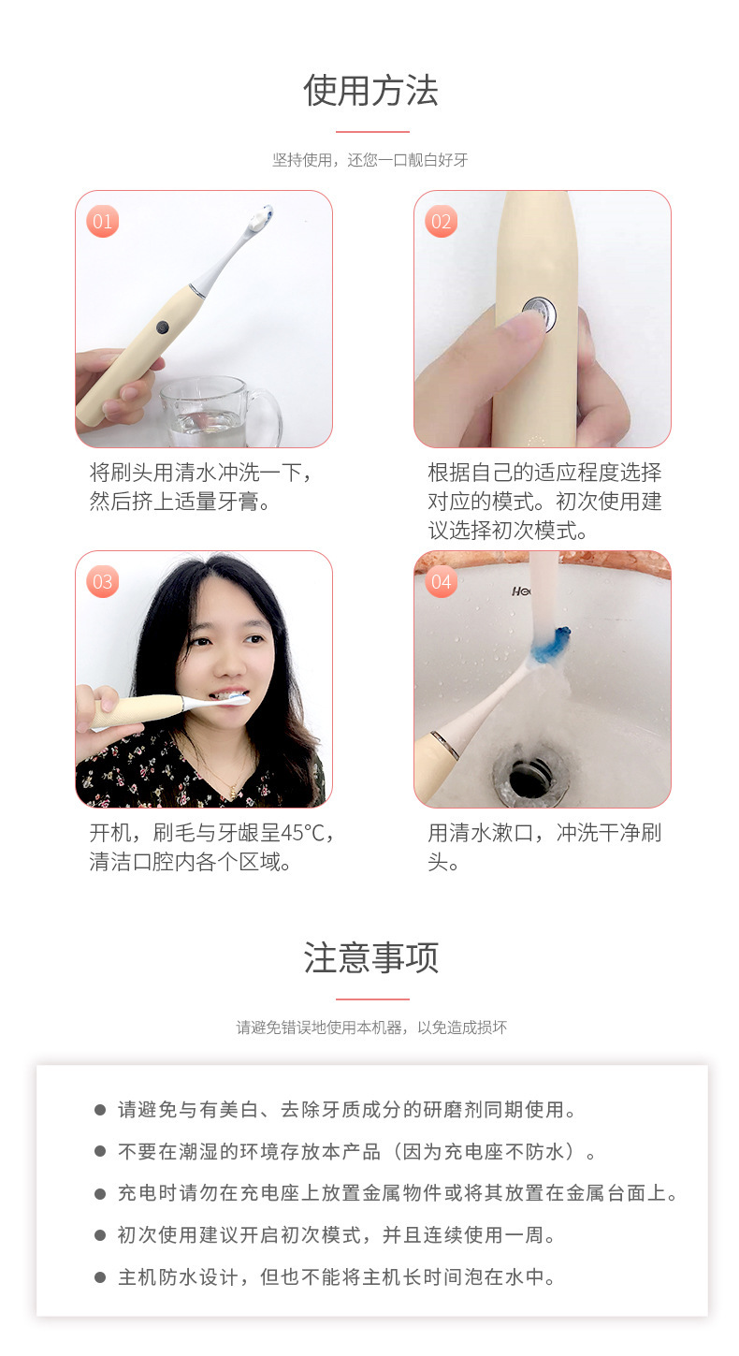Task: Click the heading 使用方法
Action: click(370, 91)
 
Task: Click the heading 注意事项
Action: click(370, 958)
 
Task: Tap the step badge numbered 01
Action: click(103, 222)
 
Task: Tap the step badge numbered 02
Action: click(441, 222)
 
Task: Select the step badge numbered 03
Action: click(103, 582)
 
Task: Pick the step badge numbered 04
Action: click(441, 582)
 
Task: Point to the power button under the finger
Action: click(539, 313)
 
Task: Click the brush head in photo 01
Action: click(259, 219)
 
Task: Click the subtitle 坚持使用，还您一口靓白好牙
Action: click(370, 160)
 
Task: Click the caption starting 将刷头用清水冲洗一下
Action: click(202, 487)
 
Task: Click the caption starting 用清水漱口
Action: click(544, 846)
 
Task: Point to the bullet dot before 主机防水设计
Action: click(100, 1277)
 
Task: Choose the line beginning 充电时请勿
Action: click(397, 1193)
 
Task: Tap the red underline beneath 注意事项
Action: click(371, 999)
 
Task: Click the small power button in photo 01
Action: click(162, 327)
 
